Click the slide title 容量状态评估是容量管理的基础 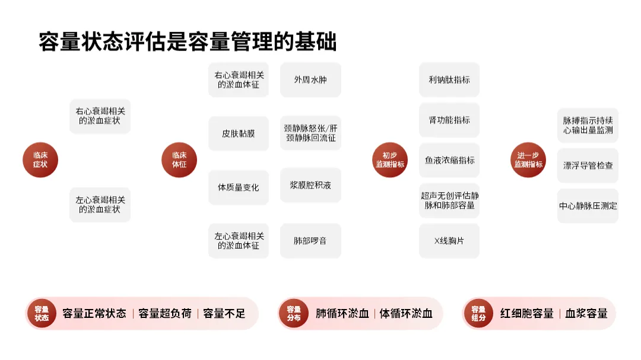tap(188, 42)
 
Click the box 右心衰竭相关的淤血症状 tap(100, 116)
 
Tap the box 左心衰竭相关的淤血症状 tap(100, 205)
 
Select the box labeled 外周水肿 tap(310, 79)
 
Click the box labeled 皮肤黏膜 tap(239, 133)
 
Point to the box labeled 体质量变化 tap(239, 187)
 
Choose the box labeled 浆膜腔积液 tap(310, 185)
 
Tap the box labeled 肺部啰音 tap(310, 241)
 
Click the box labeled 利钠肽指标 tap(449, 79)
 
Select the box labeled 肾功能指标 tap(449, 120)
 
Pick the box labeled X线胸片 tap(449, 241)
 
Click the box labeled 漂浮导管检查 tap(588, 165)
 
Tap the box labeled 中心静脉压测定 tap(588, 206)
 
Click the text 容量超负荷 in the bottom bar tap(165, 313)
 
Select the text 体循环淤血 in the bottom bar tap(406, 313)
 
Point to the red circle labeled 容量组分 tap(478, 313)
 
